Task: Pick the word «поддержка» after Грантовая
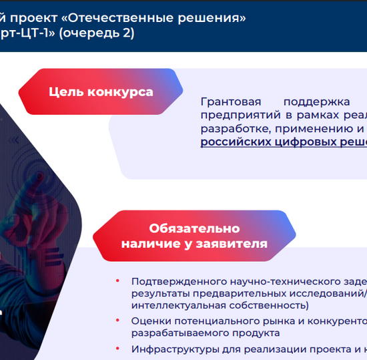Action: tap(316, 102)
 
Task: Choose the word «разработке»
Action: tap(234, 129)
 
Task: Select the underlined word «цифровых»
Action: tap(292, 142)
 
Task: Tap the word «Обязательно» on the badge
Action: tap(194, 228)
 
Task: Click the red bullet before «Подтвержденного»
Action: tap(117, 282)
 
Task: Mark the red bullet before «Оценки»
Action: tap(117, 321)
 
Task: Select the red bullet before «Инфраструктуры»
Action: tap(117, 349)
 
